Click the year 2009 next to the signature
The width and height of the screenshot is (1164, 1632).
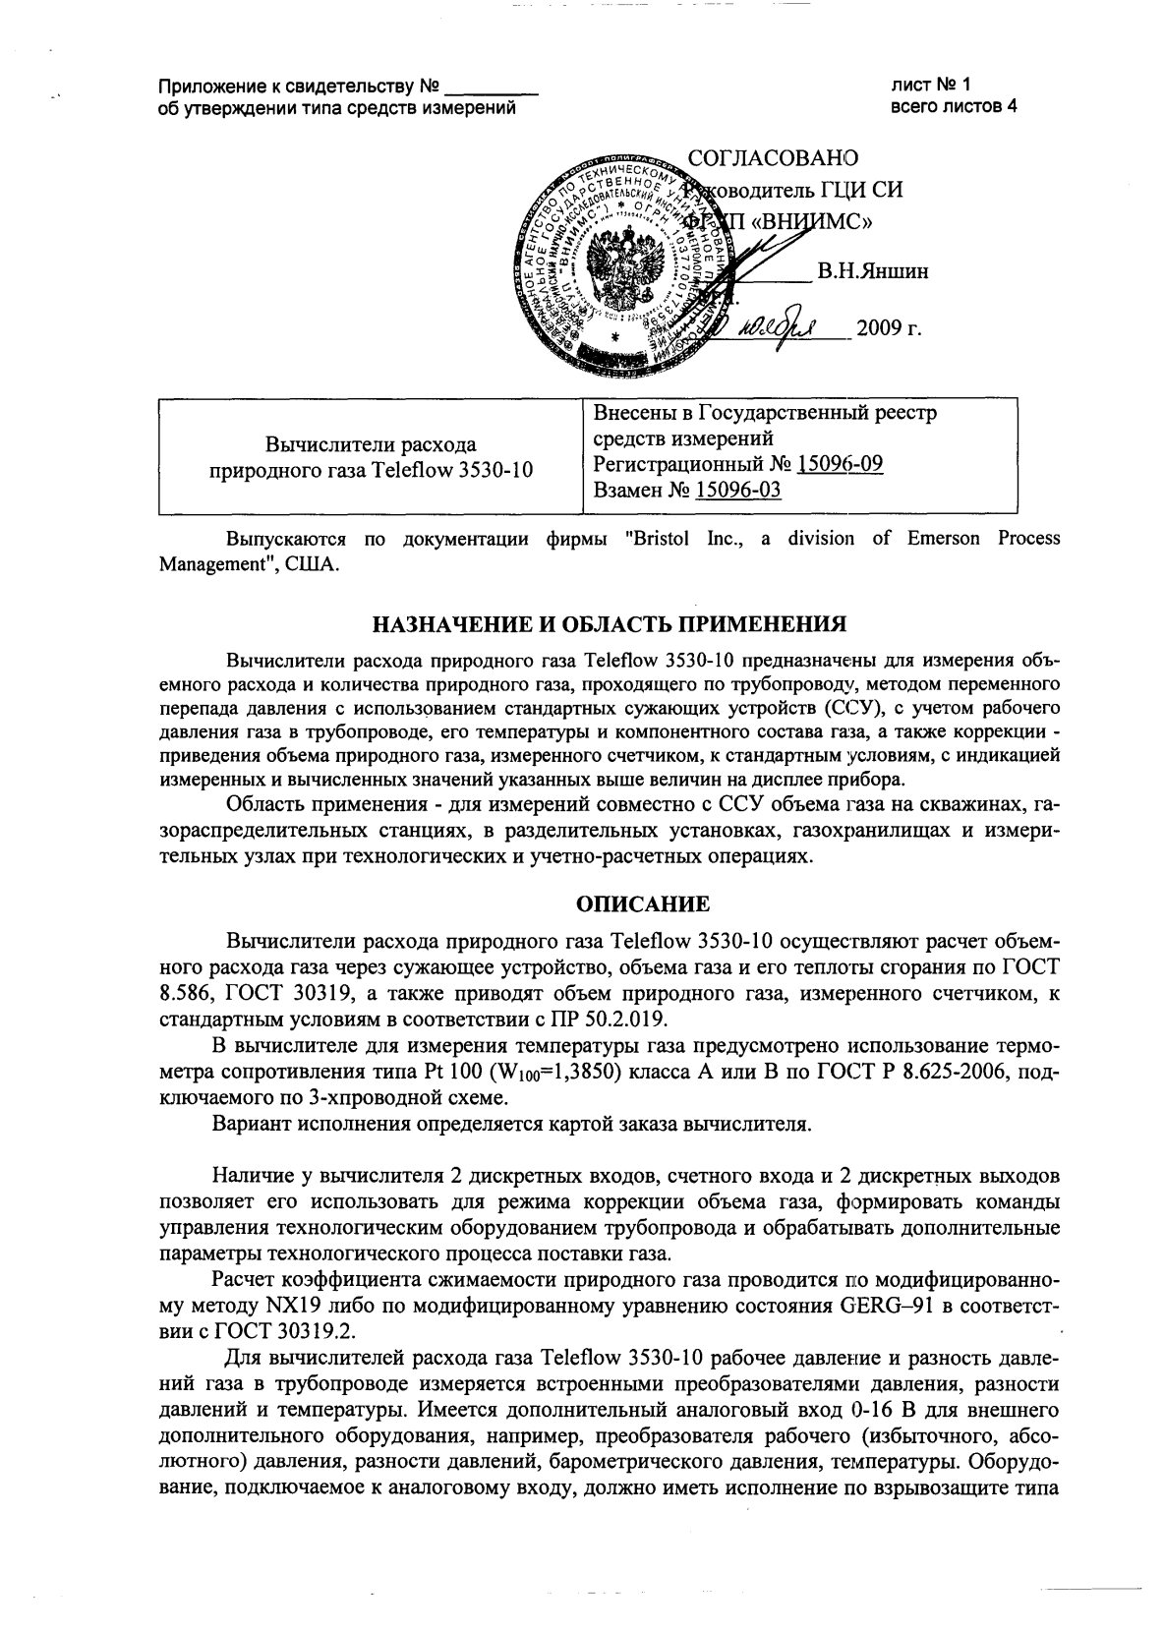880,328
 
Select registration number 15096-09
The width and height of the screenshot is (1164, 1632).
840,463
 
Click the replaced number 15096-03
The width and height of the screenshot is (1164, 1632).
737,490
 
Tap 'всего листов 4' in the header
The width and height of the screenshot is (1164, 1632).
953,106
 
